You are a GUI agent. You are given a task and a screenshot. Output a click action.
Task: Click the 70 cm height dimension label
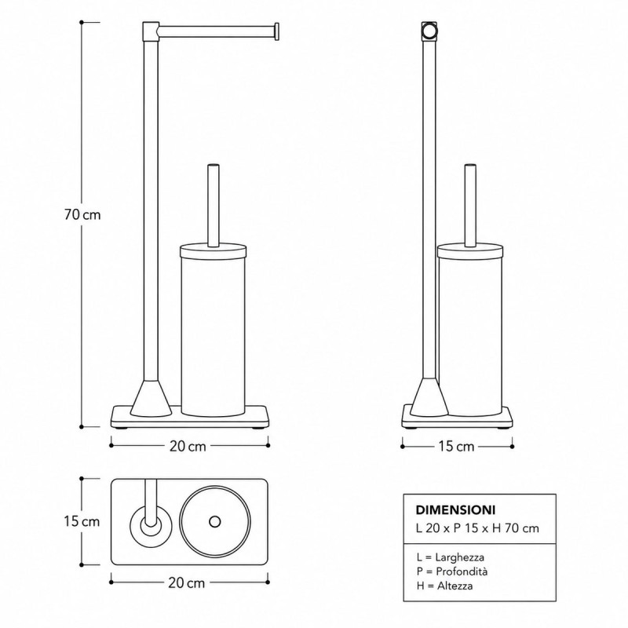82,215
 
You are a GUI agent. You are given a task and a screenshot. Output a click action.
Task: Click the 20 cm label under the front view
188,446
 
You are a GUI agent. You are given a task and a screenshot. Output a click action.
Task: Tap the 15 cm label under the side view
456,446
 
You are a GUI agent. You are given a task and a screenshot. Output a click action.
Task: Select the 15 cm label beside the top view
82,521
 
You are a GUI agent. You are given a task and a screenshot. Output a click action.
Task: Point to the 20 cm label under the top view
187,583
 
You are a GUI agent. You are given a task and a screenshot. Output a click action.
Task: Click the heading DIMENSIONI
456,509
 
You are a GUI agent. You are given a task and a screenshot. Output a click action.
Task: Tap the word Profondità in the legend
462,571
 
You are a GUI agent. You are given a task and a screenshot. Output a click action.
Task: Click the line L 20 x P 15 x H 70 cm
477,528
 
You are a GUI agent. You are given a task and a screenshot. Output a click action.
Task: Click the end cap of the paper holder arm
276,31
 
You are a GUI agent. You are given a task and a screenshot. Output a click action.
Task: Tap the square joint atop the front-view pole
151,31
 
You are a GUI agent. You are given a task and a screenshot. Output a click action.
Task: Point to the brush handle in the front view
213,205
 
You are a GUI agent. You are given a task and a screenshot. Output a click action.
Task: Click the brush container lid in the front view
213,250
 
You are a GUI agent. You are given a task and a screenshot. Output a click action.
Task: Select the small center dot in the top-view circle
214,521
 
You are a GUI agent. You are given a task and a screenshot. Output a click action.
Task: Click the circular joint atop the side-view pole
429,31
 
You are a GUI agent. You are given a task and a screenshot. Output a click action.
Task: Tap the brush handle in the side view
470,205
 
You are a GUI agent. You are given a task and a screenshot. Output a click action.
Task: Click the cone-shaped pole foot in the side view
429,397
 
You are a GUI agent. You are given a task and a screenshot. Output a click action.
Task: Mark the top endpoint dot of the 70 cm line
82,23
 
